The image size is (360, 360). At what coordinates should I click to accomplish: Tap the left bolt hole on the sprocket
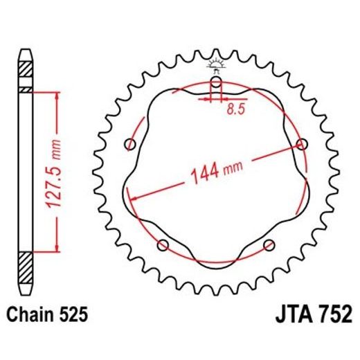(129, 144)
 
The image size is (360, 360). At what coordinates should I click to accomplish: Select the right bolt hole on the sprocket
(301, 143)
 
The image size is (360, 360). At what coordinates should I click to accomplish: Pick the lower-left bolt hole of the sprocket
(163, 244)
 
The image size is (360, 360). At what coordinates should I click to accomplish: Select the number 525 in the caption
(73, 315)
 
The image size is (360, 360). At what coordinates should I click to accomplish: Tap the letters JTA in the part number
(283, 315)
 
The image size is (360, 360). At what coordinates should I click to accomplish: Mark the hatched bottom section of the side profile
(26, 264)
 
